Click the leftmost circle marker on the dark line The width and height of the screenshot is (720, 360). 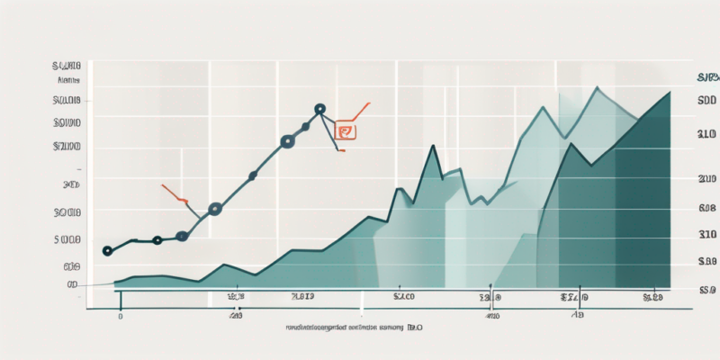click(x=108, y=251)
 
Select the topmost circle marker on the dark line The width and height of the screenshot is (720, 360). click(x=319, y=110)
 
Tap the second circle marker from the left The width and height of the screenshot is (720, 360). click(x=157, y=240)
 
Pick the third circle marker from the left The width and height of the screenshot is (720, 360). click(x=183, y=236)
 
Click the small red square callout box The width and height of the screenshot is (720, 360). click(x=344, y=131)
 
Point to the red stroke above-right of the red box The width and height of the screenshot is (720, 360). click(x=360, y=111)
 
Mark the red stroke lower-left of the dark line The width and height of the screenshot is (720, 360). click(x=174, y=193)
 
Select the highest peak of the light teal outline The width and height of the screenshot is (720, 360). click(x=597, y=88)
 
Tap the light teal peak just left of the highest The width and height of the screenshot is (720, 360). click(x=544, y=108)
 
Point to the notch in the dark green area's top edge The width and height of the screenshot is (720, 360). click(x=590, y=165)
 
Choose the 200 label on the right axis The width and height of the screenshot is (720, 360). click(x=706, y=180)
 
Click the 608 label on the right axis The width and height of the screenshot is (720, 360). click(x=706, y=208)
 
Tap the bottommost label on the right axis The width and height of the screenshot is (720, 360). click(x=706, y=290)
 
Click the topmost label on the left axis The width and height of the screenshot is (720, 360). click(x=67, y=66)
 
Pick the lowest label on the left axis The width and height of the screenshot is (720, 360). click(x=72, y=284)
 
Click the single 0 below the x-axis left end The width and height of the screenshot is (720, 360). click(x=120, y=317)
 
